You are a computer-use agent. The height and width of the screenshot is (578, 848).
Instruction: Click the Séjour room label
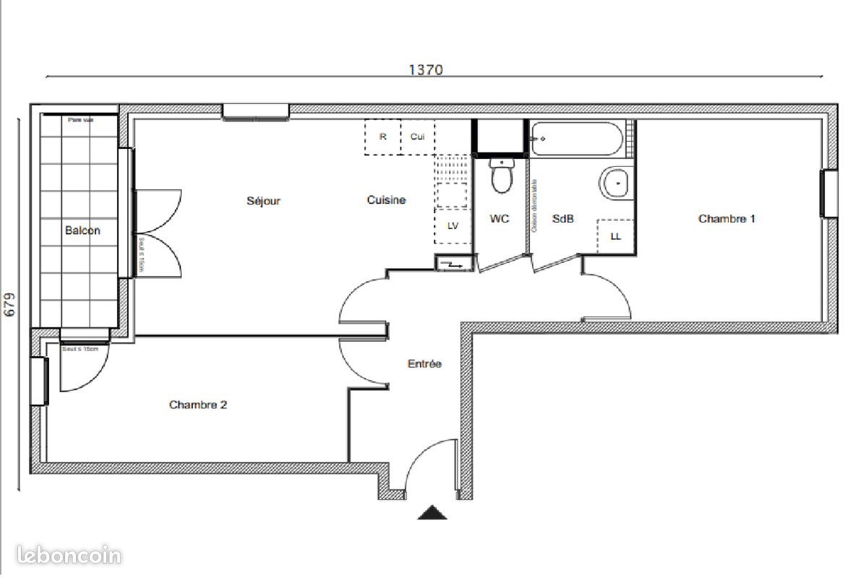pos(263,201)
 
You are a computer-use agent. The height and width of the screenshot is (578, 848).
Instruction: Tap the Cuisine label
pos(386,200)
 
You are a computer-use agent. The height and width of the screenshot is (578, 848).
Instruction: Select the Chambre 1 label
pos(727,218)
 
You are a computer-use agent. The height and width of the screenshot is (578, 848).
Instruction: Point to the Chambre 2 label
pos(198,405)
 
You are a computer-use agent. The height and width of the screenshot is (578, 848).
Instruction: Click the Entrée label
pos(424,364)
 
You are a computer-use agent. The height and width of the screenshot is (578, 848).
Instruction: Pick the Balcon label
pos(82,230)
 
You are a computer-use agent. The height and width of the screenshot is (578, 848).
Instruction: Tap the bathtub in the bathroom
pos(576,139)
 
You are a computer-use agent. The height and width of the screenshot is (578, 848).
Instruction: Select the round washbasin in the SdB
pos(617,183)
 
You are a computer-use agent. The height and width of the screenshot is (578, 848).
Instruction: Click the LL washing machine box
pos(616,236)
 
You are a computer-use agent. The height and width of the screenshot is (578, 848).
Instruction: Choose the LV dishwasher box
pos(453,225)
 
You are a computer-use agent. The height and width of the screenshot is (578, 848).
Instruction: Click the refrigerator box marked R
pos(382,137)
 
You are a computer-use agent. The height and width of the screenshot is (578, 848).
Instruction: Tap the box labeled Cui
pos(417,137)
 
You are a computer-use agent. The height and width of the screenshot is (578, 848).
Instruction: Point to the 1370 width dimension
pos(425,69)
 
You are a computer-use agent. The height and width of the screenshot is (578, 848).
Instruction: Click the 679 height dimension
pos(9,304)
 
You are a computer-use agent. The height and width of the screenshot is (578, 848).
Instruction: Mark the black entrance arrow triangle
pos(432,513)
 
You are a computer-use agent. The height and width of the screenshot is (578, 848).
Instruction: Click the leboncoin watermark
pos(61,556)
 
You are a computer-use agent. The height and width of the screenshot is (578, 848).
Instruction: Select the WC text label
pos(500,218)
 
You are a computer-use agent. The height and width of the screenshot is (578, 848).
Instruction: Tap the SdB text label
pos(562,218)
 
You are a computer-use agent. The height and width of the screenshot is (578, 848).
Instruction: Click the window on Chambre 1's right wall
pos(824,194)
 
